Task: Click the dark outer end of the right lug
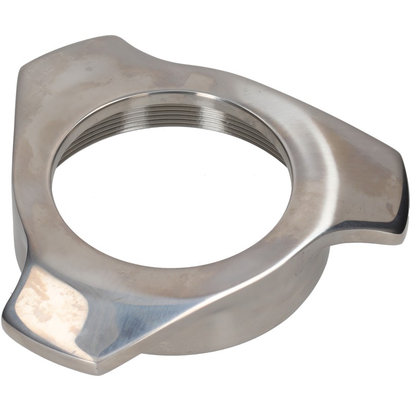coord(401,216)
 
